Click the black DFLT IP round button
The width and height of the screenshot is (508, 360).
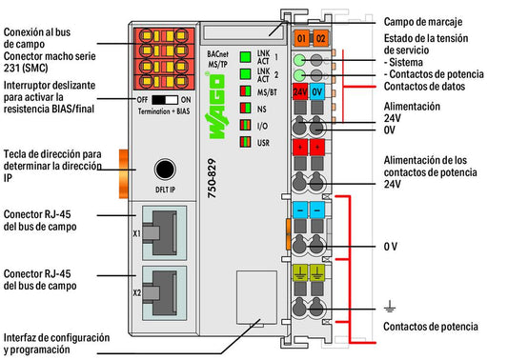pos(165,170)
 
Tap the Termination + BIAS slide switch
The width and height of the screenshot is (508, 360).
pos(165,100)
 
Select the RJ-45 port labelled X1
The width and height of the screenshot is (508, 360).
pos(164,232)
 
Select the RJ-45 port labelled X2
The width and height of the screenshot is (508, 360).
pos(164,293)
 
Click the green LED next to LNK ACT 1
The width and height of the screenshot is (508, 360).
pos(246,57)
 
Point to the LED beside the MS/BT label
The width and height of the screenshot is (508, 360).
pos(246,91)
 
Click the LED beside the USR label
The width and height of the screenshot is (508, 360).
pos(246,142)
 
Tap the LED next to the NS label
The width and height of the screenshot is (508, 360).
pos(246,108)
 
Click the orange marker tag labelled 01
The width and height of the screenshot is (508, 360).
pos(301,38)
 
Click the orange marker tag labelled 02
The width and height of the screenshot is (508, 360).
pos(320,38)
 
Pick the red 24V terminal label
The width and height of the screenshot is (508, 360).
pos(300,92)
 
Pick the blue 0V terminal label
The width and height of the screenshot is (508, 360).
pos(316,92)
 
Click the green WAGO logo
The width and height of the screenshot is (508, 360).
pos(215,107)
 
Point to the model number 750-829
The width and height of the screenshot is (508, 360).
pos(212,178)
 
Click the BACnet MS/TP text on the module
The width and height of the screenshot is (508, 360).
pos(217,59)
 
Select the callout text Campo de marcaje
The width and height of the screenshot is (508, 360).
pos(423,22)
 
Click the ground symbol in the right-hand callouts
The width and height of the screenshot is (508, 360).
pos(390,306)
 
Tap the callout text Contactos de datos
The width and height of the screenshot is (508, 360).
pos(424,87)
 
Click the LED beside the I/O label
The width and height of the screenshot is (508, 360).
pos(246,125)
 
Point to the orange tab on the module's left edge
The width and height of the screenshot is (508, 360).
pos(124,174)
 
